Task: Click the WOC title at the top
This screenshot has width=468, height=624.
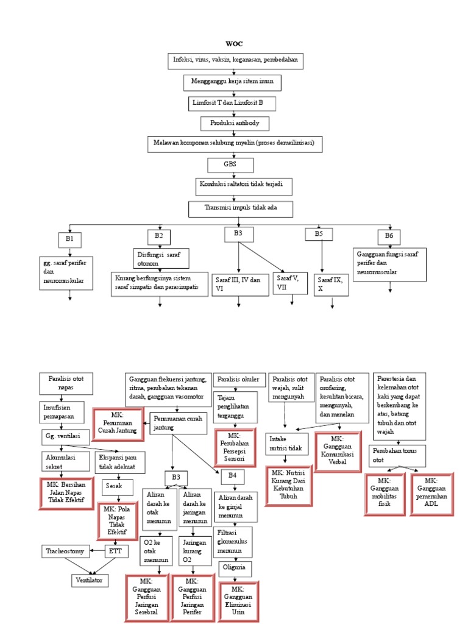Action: (x=234, y=44)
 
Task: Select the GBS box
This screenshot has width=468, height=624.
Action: (x=230, y=165)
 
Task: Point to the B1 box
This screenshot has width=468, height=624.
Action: (x=70, y=239)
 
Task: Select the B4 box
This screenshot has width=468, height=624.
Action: (x=232, y=475)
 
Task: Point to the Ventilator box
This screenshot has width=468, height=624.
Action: (x=91, y=580)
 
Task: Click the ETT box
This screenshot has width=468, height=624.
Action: (x=115, y=551)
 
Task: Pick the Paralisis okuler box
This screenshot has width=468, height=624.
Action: (x=235, y=380)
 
